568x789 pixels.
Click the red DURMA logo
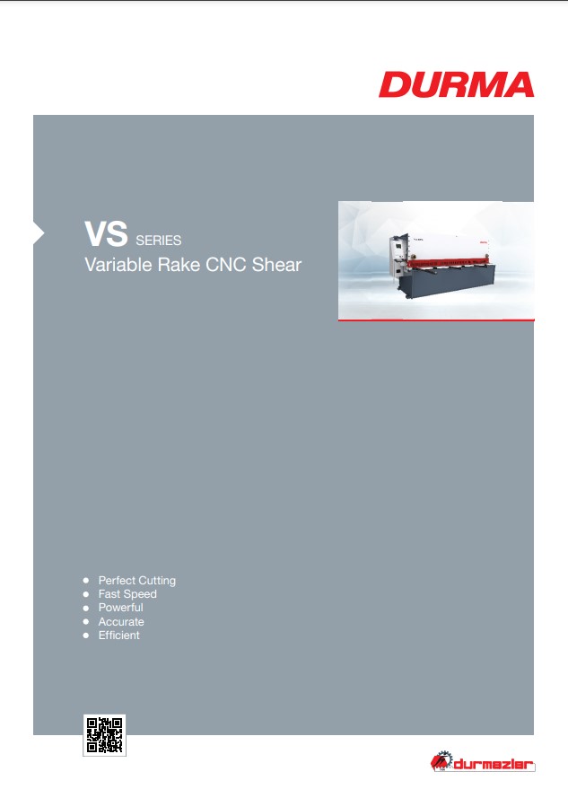click(x=457, y=84)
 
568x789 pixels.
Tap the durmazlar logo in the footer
click(x=483, y=761)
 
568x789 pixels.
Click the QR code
click(x=104, y=734)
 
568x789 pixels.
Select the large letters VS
click(x=106, y=234)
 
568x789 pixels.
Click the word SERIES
click(x=159, y=241)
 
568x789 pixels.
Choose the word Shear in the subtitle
click(x=276, y=265)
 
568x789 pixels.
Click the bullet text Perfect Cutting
click(x=137, y=581)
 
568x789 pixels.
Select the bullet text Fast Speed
click(x=127, y=594)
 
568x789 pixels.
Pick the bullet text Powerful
click(x=121, y=608)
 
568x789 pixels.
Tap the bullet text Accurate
click(x=121, y=622)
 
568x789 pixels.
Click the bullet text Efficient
click(x=118, y=636)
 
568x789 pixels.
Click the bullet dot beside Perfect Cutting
click(x=86, y=581)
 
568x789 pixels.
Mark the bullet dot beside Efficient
click(x=86, y=636)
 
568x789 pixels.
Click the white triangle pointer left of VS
click(x=39, y=233)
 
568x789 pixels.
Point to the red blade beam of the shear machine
click(x=448, y=262)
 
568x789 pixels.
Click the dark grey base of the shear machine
click(x=446, y=282)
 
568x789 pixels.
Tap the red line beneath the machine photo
click(x=436, y=320)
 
